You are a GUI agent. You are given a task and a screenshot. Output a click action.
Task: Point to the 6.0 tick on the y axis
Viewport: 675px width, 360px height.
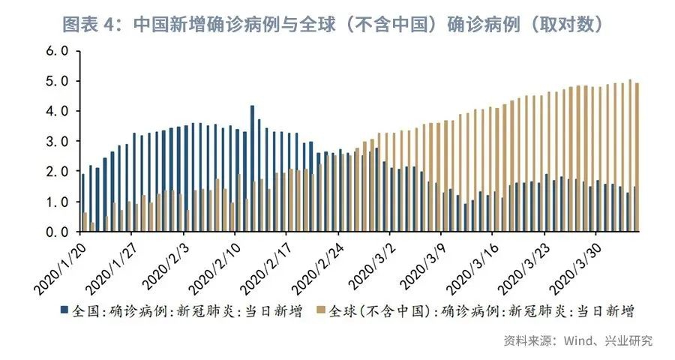[57, 51]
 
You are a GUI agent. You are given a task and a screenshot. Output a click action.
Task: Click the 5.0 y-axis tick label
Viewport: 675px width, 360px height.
[57, 81]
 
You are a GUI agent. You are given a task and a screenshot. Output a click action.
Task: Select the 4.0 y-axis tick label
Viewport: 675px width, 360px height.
[57, 111]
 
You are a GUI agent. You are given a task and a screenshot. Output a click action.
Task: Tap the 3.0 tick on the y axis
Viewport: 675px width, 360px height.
[57, 141]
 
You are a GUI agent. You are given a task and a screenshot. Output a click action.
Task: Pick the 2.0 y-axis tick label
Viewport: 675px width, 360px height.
[57, 172]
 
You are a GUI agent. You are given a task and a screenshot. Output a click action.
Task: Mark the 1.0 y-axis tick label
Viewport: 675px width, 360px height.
[57, 202]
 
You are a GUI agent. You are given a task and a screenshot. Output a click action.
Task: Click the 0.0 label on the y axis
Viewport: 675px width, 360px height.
[57, 232]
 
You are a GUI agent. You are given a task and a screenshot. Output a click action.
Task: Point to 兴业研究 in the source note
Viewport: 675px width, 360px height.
[628, 340]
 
